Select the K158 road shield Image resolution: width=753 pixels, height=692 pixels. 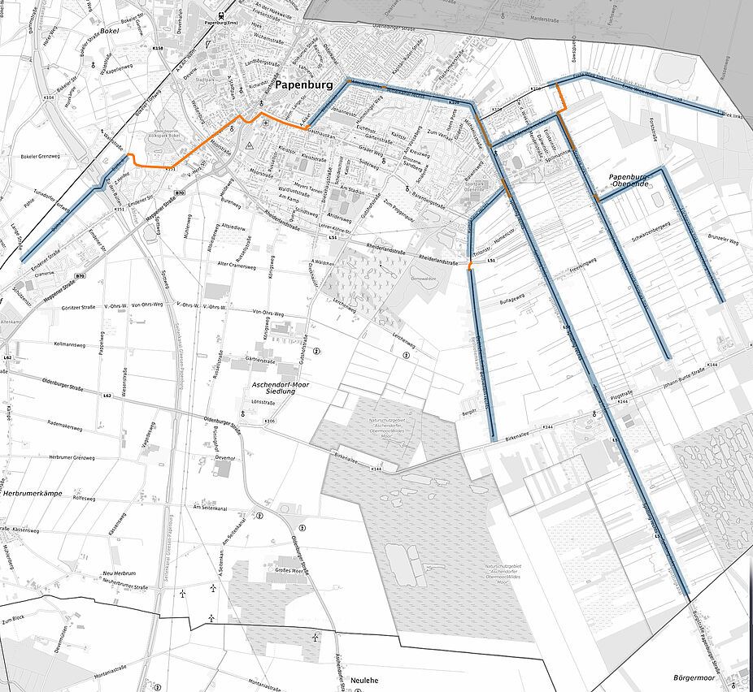pyautogui.click(x=158, y=49)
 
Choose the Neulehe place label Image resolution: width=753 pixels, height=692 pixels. pyautogui.click(x=365, y=679)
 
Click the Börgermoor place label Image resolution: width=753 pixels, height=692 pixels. pyautogui.click(x=699, y=677)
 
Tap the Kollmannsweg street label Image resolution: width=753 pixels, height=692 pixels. pyautogui.click(x=48, y=345)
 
